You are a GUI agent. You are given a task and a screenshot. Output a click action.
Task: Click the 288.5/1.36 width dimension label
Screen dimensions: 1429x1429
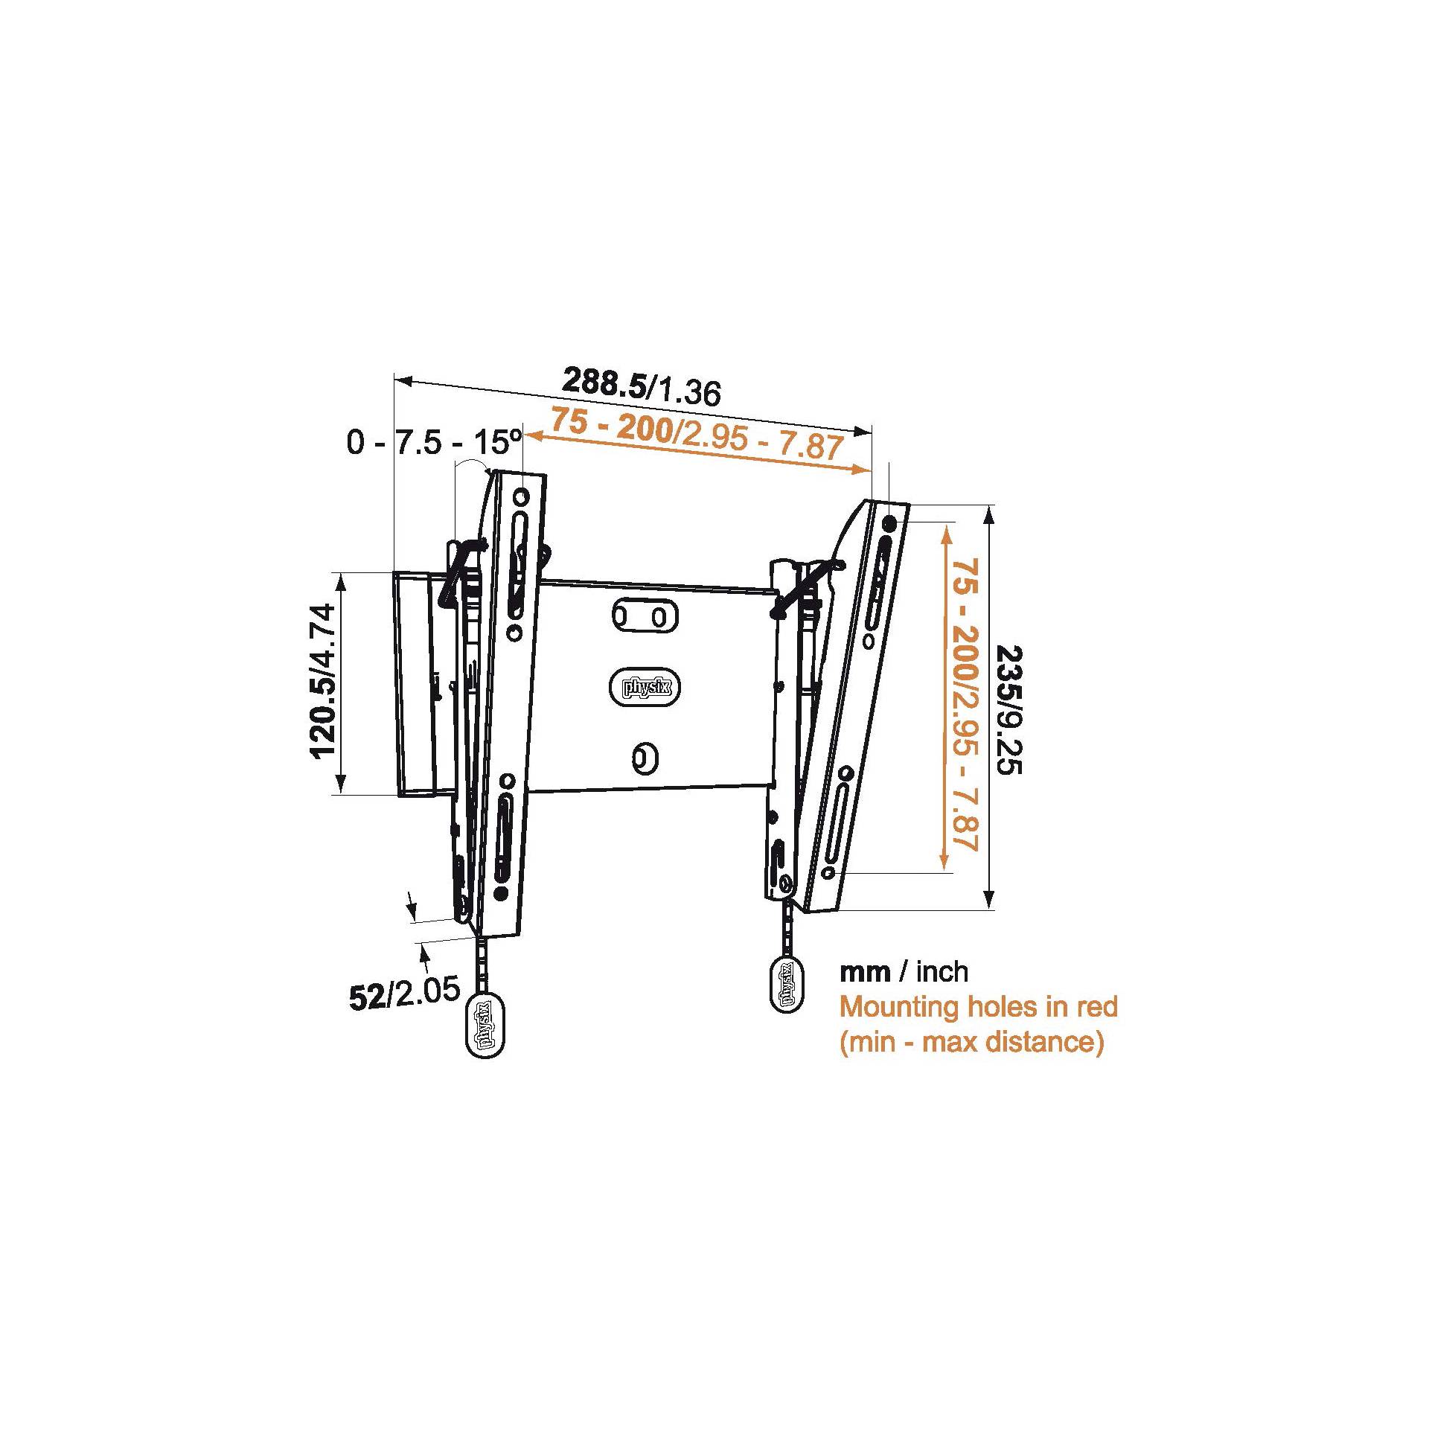[641, 386]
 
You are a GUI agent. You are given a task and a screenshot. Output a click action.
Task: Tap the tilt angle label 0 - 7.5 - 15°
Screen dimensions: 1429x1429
[434, 444]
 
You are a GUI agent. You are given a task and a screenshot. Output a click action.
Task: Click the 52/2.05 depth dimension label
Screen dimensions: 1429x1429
[405, 994]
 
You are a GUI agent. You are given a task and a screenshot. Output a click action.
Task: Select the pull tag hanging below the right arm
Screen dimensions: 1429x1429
[787, 983]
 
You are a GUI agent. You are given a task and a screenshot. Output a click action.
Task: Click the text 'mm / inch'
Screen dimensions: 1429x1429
[904, 971]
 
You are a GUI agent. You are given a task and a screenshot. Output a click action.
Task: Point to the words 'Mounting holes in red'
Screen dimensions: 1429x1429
[979, 1007]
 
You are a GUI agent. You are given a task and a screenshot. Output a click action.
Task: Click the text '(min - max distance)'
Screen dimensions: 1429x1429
[972, 1041]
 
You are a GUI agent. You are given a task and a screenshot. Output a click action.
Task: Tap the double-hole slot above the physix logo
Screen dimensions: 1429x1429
[645, 617]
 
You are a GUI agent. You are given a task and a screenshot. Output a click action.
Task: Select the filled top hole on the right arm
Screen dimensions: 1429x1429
[891, 524]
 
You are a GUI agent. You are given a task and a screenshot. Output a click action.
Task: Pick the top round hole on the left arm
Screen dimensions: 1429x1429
[521, 496]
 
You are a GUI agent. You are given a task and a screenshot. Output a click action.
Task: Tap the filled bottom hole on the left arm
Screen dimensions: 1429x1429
[502, 892]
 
